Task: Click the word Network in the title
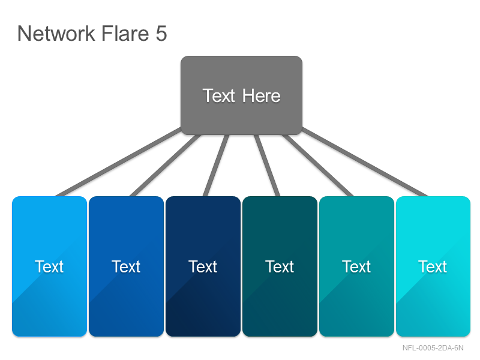point(56,33)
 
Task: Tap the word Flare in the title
point(125,33)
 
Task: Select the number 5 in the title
point(161,34)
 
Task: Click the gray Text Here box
point(242,95)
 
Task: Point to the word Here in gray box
point(261,96)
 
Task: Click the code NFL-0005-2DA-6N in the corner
point(433,348)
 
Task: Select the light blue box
point(50,266)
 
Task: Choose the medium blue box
point(127,266)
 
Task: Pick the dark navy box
point(203,266)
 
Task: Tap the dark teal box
point(280,266)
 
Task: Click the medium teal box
point(356,266)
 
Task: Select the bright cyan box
point(433,266)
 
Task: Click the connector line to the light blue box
point(118,162)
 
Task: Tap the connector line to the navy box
point(216,166)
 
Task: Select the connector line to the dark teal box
point(267,166)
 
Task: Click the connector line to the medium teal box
point(318,166)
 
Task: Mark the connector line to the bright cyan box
point(365,162)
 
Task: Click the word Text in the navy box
point(203,266)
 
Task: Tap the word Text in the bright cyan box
point(433,266)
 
